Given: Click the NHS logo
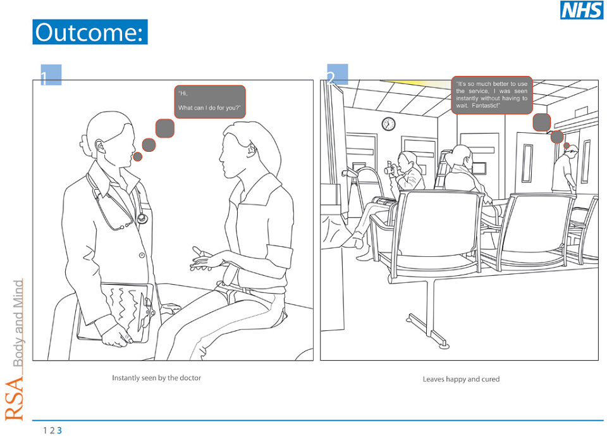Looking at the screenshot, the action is [582, 9].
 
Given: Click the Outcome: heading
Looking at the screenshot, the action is [90, 32].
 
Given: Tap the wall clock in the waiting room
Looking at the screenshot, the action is [388, 124].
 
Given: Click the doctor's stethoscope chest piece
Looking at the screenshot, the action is [142, 218].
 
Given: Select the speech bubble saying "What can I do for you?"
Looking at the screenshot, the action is [210, 101].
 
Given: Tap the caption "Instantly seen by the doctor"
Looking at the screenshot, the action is [156, 378].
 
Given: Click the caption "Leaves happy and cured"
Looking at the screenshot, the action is [461, 379].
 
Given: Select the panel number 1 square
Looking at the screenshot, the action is [51, 75].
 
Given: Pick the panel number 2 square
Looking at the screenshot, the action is [338, 75].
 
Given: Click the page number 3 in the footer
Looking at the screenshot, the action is [59, 430].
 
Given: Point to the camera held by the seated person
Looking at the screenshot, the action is [389, 170].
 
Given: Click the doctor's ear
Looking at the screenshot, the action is [99, 147].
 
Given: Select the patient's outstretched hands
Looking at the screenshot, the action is [204, 259].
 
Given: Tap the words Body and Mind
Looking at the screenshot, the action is [18, 323].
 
